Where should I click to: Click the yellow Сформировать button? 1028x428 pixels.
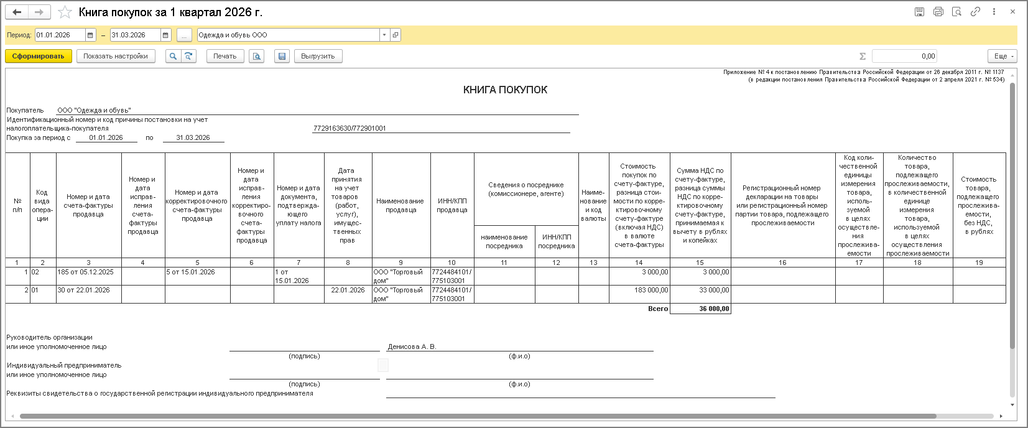[39, 56]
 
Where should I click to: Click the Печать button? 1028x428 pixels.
[225, 56]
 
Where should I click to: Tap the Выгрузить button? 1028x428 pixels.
[318, 56]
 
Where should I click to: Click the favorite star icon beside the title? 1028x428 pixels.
[65, 12]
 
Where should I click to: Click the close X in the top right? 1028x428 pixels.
[1012, 12]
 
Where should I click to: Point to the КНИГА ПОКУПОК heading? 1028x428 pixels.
[505, 90]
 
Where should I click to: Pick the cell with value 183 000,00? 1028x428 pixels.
[651, 291]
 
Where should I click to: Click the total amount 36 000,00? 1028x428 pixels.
[714, 309]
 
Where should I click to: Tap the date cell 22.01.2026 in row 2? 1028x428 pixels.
[348, 291]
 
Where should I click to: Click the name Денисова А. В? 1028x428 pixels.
[412, 347]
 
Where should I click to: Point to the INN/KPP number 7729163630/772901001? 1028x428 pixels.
[350, 128]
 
